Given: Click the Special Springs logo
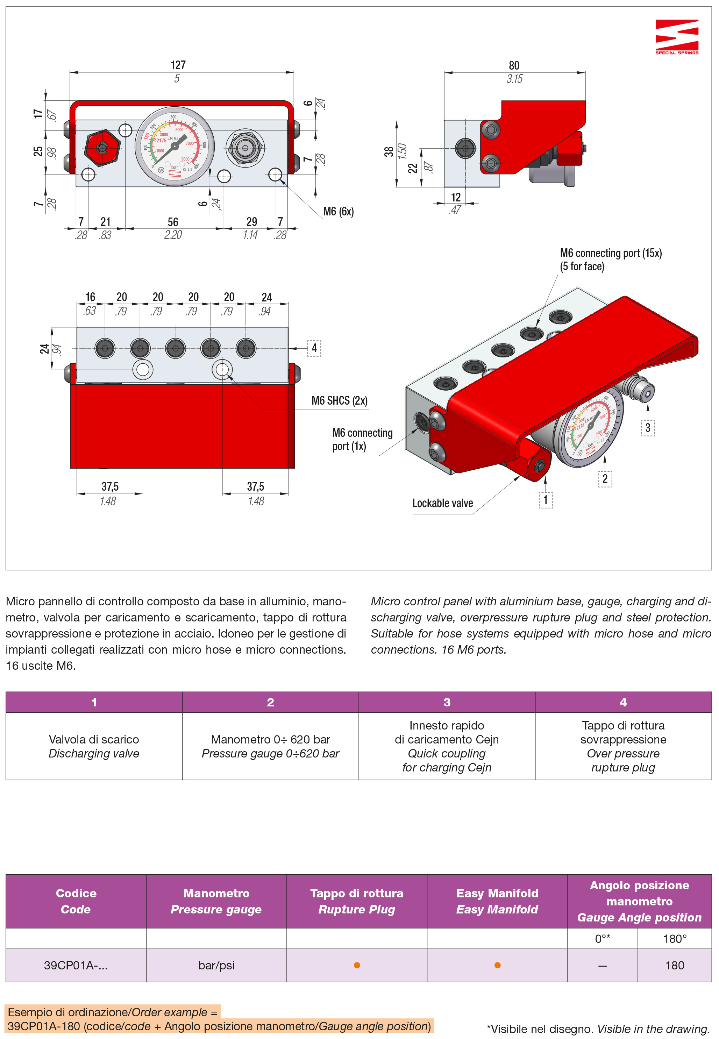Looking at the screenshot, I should tap(677, 36).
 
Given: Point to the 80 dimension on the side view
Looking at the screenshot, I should tap(514, 66).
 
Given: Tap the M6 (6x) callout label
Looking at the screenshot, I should tap(338, 212).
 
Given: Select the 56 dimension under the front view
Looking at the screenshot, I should tap(173, 222).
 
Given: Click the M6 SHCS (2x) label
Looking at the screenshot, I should tap(339, 401).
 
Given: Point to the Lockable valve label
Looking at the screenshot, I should tap(442, 503).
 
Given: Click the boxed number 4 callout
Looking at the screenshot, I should tap(314, 348).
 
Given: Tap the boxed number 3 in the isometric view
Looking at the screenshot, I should tap(647, 427).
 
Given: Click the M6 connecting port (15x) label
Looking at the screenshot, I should tap(611, 254).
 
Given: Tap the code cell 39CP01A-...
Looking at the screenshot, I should tap(76, 965).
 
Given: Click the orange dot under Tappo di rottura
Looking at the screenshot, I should tap(357, 965).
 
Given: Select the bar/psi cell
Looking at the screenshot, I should tap(216, 965).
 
